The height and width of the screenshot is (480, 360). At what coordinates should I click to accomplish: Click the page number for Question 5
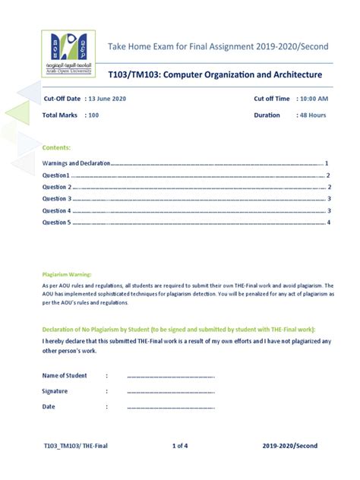328,223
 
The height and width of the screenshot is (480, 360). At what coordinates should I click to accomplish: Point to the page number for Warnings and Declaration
326,163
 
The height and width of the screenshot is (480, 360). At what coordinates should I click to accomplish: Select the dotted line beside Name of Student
170,376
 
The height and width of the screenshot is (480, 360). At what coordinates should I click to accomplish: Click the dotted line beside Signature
170,391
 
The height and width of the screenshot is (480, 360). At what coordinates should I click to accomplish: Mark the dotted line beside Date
170,407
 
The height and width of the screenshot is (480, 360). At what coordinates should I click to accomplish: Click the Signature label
55,391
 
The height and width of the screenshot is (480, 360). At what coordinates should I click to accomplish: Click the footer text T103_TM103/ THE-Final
76,446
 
